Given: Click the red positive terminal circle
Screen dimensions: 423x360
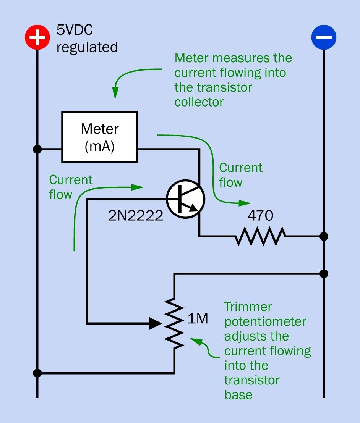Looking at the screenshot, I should (37, 38).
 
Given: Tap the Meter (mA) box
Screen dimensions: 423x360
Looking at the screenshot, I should (100, 137).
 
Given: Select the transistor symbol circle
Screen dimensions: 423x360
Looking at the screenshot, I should (186, 199).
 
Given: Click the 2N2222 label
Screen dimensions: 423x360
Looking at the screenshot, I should (136, 216).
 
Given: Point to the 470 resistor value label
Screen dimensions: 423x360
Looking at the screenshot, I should (260, 216).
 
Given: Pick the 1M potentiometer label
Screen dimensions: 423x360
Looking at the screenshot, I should (198, 319).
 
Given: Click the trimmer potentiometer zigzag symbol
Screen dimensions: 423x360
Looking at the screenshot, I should (175, 324).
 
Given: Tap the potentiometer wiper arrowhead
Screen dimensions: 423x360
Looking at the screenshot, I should (155, 324).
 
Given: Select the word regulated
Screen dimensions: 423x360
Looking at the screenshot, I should (87, 47).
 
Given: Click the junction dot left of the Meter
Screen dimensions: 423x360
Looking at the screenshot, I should (37, 149).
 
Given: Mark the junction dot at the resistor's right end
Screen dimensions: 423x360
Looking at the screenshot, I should (324, 236).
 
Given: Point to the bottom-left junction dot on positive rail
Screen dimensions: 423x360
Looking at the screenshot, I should (37, 373).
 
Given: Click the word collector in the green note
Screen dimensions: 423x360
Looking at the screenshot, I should (199, 102).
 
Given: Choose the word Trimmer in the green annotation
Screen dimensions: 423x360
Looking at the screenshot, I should (248, 307).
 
